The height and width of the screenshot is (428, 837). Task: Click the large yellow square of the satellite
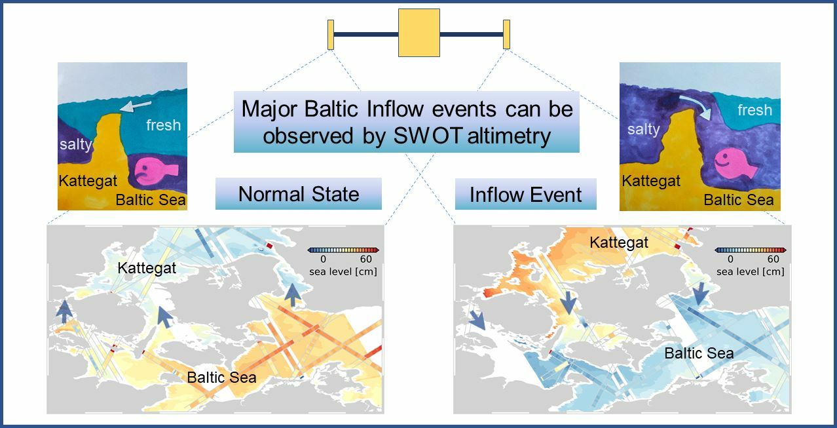[419, 33]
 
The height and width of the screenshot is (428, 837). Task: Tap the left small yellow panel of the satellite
[331, 35]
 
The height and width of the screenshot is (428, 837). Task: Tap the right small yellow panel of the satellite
[506, 34]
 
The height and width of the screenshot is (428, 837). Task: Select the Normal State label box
[299, 193]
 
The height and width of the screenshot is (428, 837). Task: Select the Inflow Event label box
[525, 194]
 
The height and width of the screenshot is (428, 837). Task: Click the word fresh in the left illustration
[163, 125]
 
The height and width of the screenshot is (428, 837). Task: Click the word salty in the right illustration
[643, 130]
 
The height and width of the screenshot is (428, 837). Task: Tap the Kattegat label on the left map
[147, 268]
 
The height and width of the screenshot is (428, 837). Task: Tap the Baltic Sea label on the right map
[699, 353]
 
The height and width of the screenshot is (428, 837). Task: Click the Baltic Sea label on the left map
[221, 377]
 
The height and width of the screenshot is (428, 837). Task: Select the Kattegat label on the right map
[619, 243]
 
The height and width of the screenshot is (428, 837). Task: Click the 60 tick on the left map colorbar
[366, 259]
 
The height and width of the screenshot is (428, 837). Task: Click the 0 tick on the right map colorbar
[730, 259]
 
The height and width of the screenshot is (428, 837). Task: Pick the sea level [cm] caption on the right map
[751, 272]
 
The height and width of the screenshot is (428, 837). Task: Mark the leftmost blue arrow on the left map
[64, 311]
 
